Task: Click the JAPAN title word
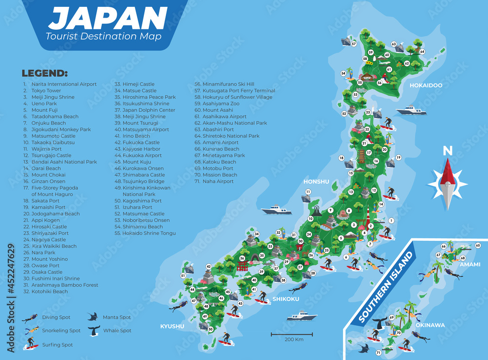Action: (x=108, y=19)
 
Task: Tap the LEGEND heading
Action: (x=44, y=74)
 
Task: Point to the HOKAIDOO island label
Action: (x=426, y=85)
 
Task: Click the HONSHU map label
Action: (x=316, y=181)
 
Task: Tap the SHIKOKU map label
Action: (x=285, y=299)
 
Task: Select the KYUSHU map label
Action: (x=172, y=326)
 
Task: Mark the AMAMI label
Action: (x=469, y=264)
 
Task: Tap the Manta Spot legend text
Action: (x=117, y=318)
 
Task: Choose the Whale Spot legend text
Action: (x=117, y=331)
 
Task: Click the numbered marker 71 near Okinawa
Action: (x=378, y=353)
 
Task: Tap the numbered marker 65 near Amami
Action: (x=478, y=245)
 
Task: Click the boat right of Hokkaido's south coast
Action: (x=411, y=110)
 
